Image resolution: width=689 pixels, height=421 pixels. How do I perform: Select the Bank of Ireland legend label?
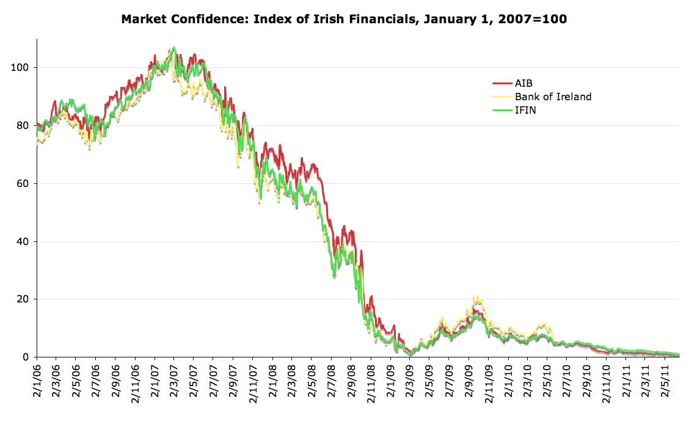tap(553, 97)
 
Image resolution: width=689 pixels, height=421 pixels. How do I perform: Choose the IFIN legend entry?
tap(526, 110)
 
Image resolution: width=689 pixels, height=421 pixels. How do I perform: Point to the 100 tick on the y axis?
tap(20, 67)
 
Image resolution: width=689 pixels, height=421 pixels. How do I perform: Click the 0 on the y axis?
tap(26, 357)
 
